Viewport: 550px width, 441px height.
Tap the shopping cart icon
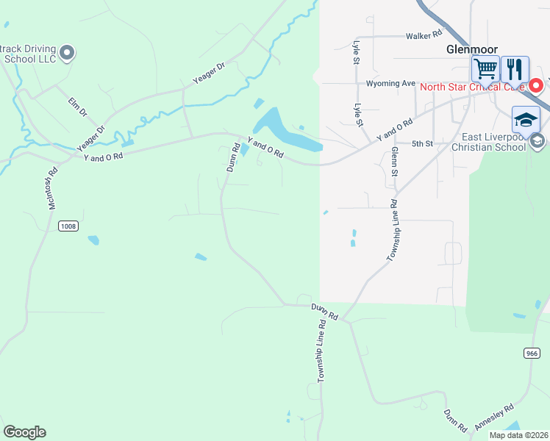click(x=485, y=69)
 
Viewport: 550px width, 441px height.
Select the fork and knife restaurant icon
click(x=515, y=69)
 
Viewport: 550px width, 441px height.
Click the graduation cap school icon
click(x=526, y=119)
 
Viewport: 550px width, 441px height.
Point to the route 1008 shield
click(x=68, y=226)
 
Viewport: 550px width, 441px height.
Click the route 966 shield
click(x=532, y=354)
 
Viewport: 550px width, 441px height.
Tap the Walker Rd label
click(x=426, y=35)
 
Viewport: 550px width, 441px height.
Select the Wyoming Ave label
click(x=392, y=84)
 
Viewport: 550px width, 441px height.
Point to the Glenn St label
click(x=395, y=161)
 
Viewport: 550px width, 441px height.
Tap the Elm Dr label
click(x=78, y=107)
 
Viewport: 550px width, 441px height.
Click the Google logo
click(x=24, y=432)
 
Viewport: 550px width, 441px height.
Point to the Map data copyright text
click(x=518, y=435)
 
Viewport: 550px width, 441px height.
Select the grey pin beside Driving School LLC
click(x=68, y=52)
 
